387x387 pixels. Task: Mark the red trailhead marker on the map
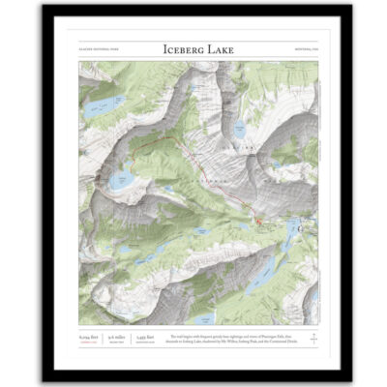pos(258,224)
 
